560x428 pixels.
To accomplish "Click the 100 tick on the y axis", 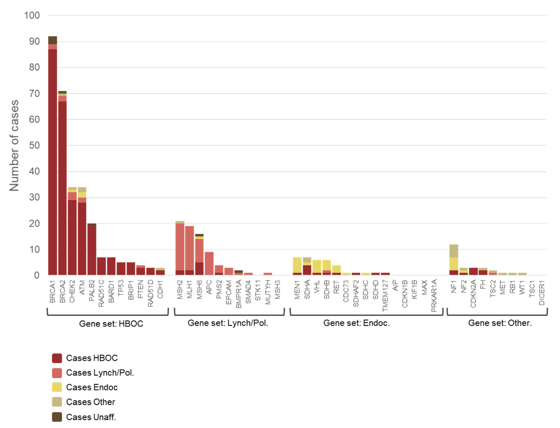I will [32, 16].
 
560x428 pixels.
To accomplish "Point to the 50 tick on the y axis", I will [34, 145].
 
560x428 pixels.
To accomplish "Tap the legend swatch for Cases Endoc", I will [57, 387].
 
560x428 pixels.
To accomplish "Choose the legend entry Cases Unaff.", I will [91, 417].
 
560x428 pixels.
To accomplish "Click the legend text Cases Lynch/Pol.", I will [100, 373].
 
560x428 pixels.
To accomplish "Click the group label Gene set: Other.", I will [500, 323].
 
